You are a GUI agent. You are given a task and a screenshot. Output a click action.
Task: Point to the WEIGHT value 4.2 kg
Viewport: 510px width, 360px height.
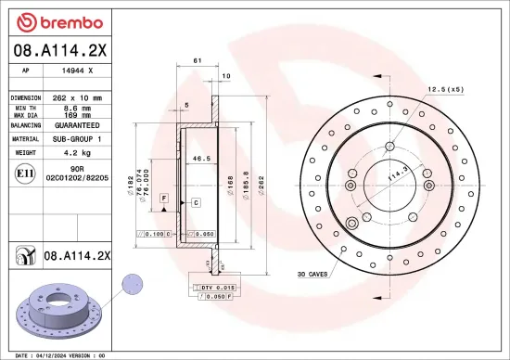click(75, 151)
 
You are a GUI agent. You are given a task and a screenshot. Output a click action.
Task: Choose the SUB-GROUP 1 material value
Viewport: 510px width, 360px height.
click(75, 137)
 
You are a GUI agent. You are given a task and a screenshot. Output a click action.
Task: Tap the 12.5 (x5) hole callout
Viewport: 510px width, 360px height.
click(445, 89)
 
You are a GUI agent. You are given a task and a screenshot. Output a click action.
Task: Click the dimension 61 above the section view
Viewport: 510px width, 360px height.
click(198, 60)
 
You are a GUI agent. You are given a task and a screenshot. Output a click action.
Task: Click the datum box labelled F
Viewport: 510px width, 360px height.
click(162, 199)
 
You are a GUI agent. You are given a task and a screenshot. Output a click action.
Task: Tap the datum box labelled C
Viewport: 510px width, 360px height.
click(197, 201)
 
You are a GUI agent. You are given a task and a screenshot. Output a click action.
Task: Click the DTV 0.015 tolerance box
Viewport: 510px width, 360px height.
click(213, 289)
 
